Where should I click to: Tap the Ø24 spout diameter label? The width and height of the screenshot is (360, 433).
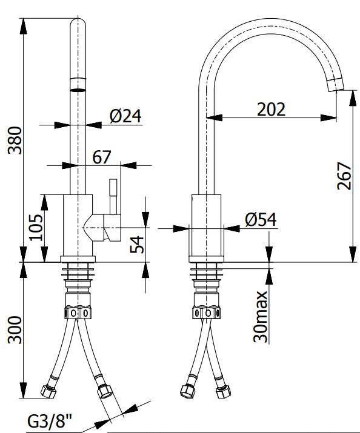pos(125,116)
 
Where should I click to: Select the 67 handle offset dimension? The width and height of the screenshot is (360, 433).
pos(101,157)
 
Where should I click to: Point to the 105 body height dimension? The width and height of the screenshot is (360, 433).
pos(36,227)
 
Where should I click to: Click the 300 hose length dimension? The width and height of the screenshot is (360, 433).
pos(15,330)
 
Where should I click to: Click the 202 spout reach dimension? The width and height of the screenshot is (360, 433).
pos(271,110)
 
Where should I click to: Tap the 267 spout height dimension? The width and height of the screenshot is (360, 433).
pos(344,176)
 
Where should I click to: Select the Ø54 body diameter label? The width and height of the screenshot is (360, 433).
pos(261,220)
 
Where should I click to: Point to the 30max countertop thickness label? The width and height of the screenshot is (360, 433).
pos(260,317)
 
